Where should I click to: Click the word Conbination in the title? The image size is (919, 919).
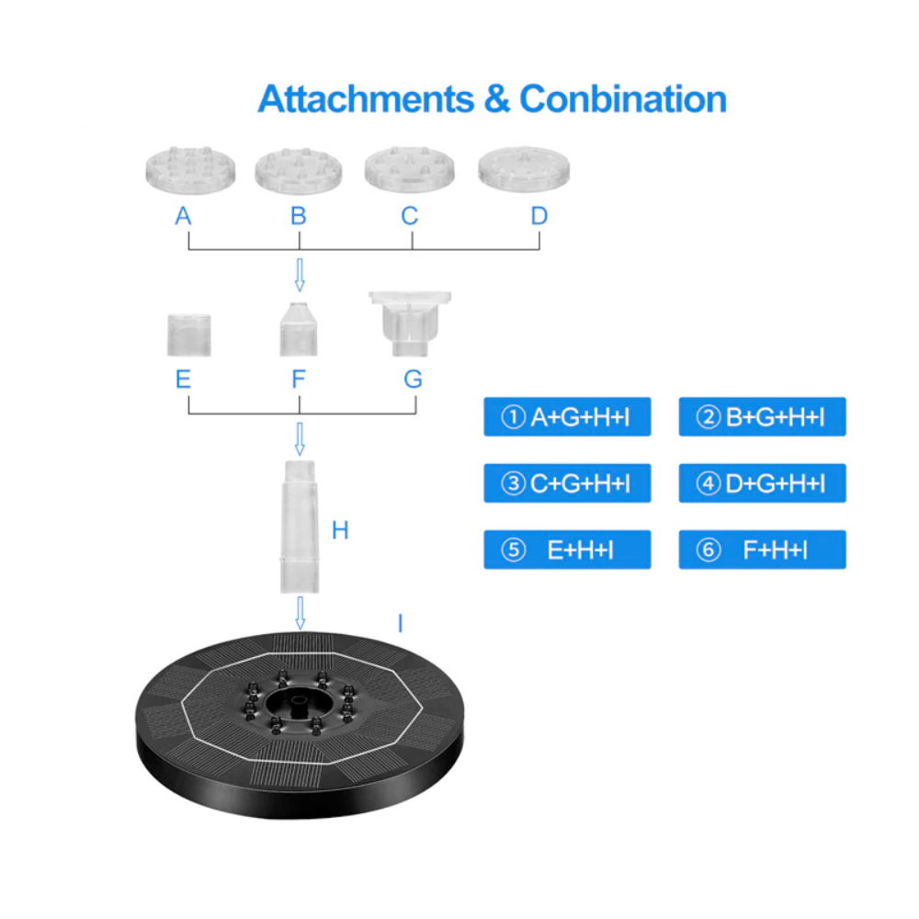(x=623, y=98)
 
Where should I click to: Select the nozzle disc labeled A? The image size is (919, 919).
(x=189, y=170)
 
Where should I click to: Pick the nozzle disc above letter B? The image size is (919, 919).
(x=299, y=170)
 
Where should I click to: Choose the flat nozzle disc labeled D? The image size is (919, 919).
(x=524, y=169)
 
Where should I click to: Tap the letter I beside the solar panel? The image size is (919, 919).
(x=400, y=624)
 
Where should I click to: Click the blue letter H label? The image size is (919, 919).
(x=340, y=530)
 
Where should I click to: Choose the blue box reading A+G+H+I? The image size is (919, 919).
(x=567, y=417)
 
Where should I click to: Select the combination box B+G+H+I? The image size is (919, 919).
(x=762, y=417)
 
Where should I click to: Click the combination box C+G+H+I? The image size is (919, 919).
(x=567, y=483)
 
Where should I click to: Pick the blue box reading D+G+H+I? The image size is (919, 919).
(x=762, y=483)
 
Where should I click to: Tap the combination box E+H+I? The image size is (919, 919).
(x=567, y=550)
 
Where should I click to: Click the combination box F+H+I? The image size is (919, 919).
(x=762, y=550)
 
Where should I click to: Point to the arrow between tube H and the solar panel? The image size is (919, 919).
(x=300, y=612)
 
